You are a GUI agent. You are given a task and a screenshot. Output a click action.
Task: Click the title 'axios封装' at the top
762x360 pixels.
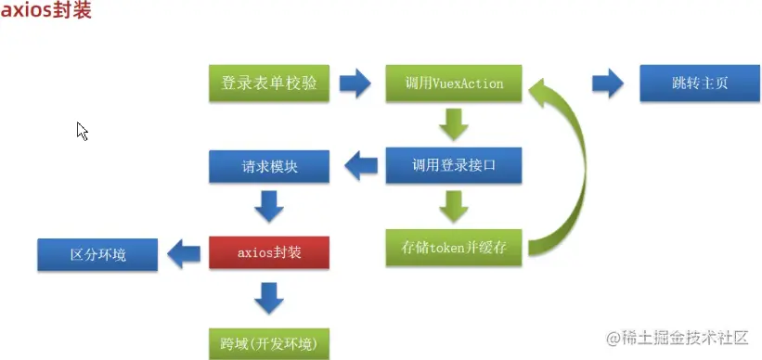(46, 15)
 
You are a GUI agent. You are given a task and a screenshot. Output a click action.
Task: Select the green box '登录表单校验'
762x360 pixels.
(269, 84)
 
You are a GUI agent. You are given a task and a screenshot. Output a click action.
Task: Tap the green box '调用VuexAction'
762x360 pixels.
(454, 84)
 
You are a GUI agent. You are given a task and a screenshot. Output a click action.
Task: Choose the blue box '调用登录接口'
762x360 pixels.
(454, 168)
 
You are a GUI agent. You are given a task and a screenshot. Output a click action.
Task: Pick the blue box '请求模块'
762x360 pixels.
(269, 168)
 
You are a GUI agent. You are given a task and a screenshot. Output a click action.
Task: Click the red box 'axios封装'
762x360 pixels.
(269, 251)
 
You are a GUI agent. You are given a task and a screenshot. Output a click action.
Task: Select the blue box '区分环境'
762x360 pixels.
(97, 251)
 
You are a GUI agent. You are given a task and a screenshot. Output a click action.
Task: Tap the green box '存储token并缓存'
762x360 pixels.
(454, 249)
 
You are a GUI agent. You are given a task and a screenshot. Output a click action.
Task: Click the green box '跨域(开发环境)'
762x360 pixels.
(269, 342)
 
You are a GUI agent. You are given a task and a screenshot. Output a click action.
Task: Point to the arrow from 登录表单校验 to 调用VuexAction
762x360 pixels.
(355, 84)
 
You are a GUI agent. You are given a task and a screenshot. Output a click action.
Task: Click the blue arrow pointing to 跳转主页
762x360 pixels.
(608, 84)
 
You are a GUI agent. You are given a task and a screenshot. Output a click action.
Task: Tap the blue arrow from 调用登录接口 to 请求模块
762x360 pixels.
(361, 168)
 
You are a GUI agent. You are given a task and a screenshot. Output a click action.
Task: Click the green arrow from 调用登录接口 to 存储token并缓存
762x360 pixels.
(454, 207)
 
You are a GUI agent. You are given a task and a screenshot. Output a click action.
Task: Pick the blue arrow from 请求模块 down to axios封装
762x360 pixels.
(269, 207)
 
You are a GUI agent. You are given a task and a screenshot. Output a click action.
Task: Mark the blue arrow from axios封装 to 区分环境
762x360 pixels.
(184, 251)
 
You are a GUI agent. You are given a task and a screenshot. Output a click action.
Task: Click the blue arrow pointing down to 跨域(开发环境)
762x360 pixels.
(269, 297)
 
